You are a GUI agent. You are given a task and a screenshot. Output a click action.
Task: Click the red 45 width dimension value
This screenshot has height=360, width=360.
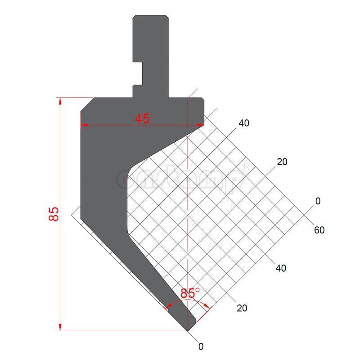coord(143,118)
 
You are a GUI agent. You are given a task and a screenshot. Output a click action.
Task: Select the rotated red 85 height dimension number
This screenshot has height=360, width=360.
coord(54,214)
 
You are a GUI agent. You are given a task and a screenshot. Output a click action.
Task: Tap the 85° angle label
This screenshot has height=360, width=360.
coord(190,293)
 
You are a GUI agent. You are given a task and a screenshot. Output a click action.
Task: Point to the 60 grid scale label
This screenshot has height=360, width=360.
coord(319,230)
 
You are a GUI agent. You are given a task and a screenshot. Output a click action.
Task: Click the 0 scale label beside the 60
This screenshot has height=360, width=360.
coord(318,201)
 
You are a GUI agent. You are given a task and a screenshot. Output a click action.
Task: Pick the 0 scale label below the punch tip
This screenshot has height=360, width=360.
coord(201,346)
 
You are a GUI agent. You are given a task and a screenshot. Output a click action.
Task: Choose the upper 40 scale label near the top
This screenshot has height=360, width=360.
coord(244,123)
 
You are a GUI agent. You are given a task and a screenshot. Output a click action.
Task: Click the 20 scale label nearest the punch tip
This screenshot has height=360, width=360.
coord(242,308)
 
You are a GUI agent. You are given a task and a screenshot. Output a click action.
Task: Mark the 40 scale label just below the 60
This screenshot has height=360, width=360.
coord(280,268)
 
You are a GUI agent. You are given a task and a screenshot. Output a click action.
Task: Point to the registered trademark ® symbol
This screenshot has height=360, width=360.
coord(246,167)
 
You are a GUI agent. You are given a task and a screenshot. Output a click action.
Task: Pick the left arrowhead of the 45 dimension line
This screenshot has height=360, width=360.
coord(83,125)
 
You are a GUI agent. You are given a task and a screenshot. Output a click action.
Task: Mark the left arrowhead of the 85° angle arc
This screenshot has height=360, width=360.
coord(167,308)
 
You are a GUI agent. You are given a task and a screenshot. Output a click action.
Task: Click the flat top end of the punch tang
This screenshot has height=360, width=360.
coord(151,16)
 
